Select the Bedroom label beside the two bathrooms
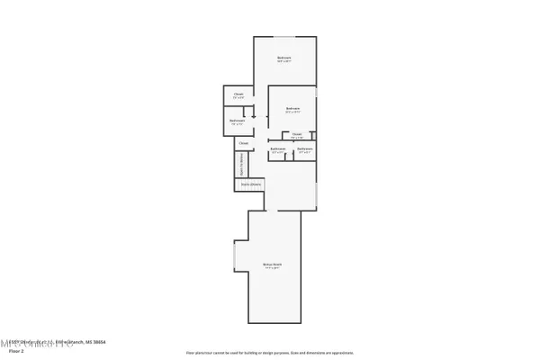tap(292, 110)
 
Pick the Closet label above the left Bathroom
tap(238, 94)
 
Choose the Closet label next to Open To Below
tap(243, 142)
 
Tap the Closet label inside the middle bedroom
tap(297, 134)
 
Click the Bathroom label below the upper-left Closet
tap(237, 120)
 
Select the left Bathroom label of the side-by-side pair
tap(278, 148)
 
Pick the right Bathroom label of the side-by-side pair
tap(305, 148)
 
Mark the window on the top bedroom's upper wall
tap(284, 37)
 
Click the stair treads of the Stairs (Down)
tap(250, 186)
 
